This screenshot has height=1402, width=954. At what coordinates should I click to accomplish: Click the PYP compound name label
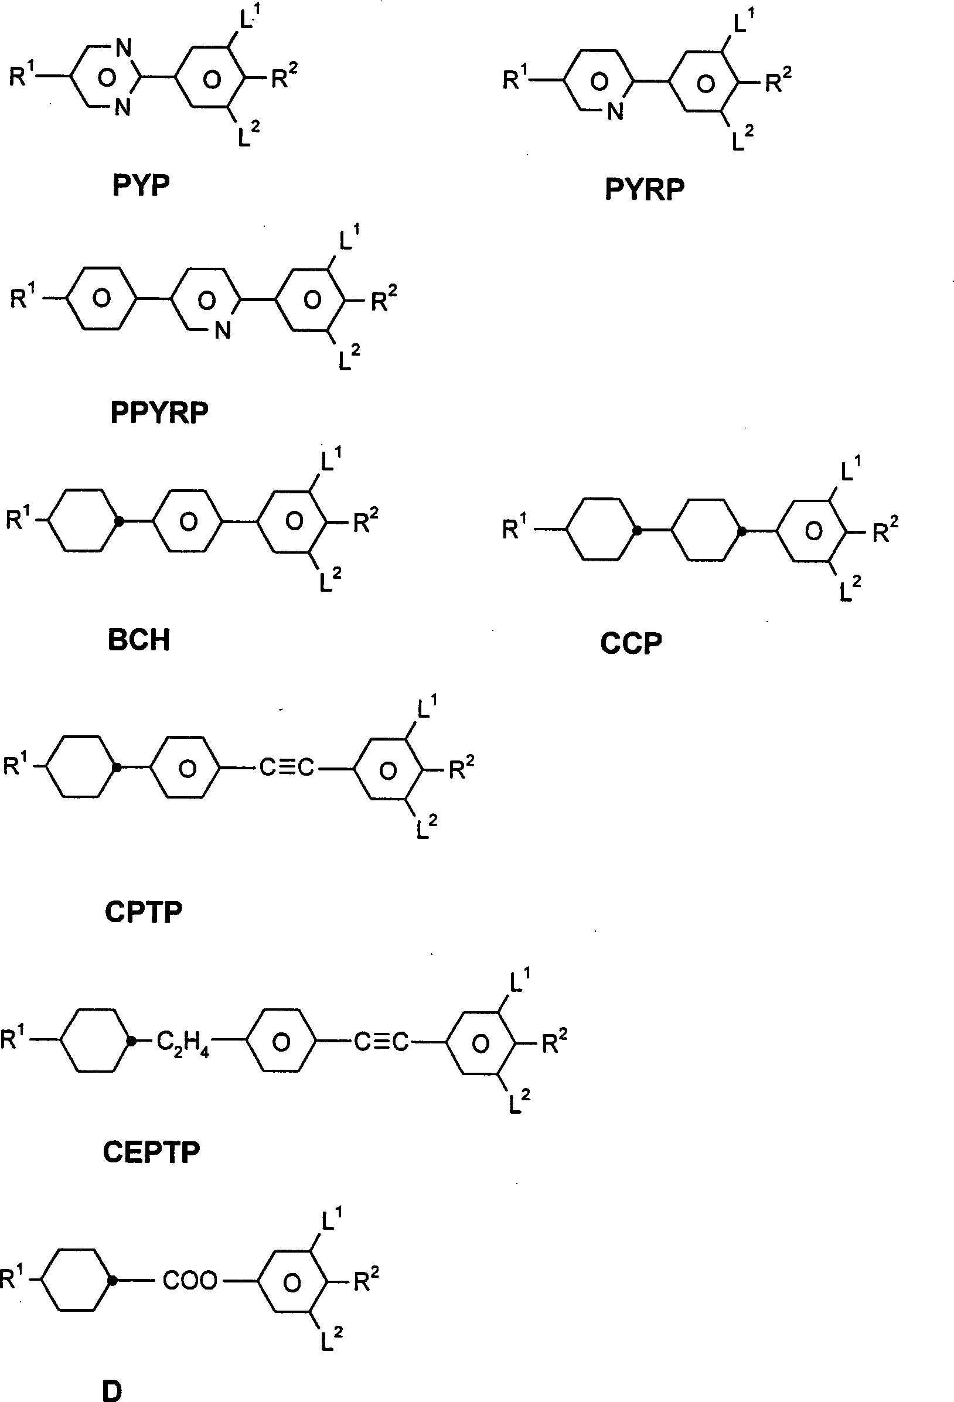pos(141,185)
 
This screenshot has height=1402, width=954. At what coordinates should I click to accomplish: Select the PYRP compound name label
pos(645,189)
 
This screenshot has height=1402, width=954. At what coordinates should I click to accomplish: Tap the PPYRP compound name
pos(159,412)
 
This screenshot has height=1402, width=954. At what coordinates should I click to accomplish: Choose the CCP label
pos(631,644)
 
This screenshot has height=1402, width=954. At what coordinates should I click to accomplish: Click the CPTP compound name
pos(144,912)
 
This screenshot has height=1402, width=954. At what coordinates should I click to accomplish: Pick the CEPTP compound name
pos(151,1152)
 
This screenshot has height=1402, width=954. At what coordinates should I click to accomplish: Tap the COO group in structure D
pos(189,1281)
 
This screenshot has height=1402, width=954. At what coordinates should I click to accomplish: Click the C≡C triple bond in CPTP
pos(287,768)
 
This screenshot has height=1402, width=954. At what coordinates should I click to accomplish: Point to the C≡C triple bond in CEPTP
pos(381,1042)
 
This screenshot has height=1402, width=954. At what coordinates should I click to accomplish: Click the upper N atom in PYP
pos(123,49)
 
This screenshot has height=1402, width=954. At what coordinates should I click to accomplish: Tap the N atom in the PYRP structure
pos(615,111)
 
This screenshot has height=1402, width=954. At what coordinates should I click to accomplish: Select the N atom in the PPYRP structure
pos(223,330)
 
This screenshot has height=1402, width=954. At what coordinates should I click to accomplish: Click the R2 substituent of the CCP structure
pos(886,531)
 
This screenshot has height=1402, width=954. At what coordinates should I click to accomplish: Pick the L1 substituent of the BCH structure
pos(331,461)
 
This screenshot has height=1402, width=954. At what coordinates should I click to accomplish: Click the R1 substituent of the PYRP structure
pos(515,79)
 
